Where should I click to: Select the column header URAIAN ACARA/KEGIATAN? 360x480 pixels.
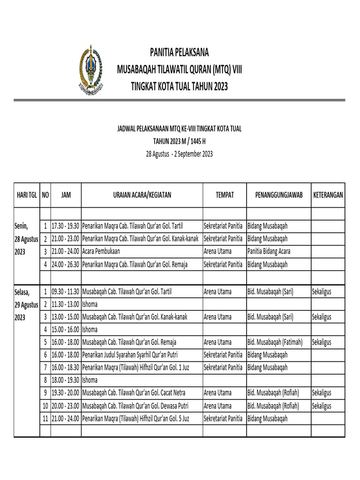pos(142,195)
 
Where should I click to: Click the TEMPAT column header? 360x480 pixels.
pos(224,195)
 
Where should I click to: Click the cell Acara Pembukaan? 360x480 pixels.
pos(101,251)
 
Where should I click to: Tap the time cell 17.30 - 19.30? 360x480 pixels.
pos(66,226)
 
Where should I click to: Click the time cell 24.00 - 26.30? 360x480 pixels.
pos(66,264)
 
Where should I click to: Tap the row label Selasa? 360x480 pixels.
pos(22,292)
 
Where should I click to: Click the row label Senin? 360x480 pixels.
pos(21,226)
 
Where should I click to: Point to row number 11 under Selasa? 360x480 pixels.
pos(45,419)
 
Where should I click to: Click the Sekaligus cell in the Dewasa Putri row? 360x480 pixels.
pos(322,406)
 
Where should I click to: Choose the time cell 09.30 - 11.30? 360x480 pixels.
pos(66,292)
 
